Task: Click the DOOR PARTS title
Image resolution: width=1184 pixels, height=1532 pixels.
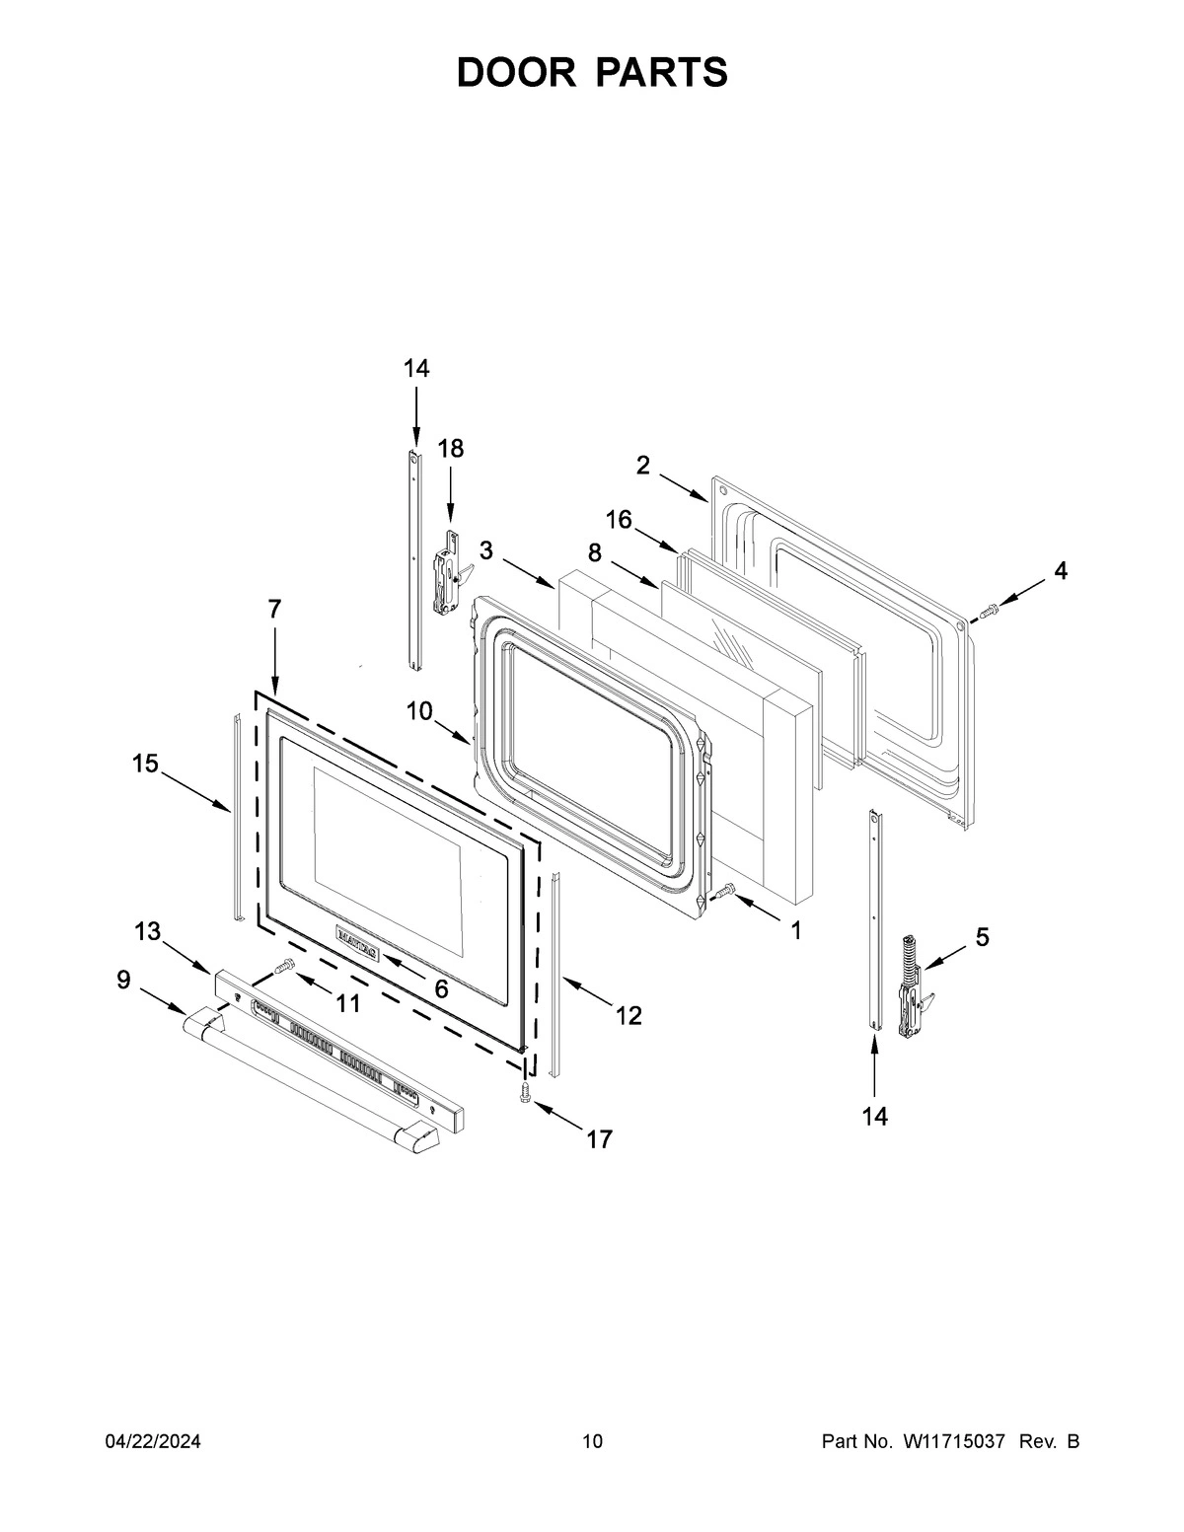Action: tap(592, 73)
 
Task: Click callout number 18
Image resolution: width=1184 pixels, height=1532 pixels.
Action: tap(450, 449)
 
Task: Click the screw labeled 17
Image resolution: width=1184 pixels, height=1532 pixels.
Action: tap(525, 1092)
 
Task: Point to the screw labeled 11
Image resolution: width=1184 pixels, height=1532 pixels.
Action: tap(285, 968)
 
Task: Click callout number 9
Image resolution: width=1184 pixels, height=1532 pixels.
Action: tap(123, 979)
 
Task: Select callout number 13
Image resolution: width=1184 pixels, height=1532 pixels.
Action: tap(147, 931)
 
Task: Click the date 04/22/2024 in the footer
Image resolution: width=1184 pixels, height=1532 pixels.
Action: tap(153, 1441)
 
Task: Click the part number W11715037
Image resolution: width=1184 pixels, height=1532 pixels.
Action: tap(952, 1441)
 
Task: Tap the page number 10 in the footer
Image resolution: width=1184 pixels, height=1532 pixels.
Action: tap(592, 1441)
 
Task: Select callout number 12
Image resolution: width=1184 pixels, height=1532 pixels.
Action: tap(629, 1015)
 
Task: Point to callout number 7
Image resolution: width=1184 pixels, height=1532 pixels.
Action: tap(274, 610)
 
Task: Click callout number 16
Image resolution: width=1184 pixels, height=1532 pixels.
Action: tap(619, 520)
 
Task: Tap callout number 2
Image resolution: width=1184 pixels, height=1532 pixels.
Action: tap(642, 465)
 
